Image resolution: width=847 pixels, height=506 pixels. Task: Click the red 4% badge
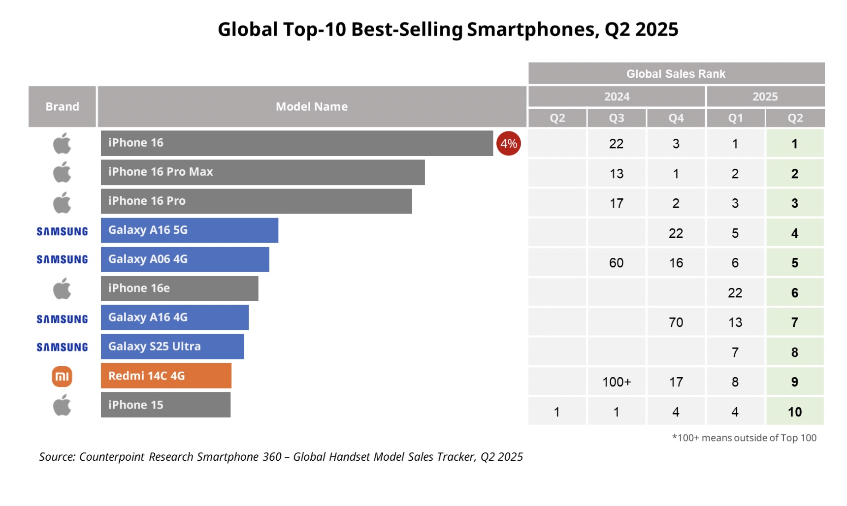pos(508,143)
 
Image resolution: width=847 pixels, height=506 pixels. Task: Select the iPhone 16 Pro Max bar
pos(262,172)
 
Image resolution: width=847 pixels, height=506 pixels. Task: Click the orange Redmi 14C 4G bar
pos(166,376)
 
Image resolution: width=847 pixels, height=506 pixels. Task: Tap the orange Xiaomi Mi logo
pos(62,377)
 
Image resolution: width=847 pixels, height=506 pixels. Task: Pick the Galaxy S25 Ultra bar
pos(172,347)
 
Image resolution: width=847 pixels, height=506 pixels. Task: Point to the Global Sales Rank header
pos(676,74)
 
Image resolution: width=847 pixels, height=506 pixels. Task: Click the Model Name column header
pos(312,107)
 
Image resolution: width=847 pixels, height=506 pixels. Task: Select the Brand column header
pos(62,107)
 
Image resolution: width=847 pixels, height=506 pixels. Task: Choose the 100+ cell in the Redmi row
pos(617,382)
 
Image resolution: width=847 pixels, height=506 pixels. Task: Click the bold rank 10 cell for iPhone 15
pos(795,412)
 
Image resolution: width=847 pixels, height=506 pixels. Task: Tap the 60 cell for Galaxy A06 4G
pos(617,263)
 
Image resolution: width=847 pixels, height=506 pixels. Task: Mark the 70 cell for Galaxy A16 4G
pos(676,322)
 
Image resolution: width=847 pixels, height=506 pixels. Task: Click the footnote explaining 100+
pos(744,438)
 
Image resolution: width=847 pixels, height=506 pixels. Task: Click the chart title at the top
pos(448,30)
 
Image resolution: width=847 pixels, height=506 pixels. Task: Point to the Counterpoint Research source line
pos(281,457)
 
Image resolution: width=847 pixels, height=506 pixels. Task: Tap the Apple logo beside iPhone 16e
pos(62,288)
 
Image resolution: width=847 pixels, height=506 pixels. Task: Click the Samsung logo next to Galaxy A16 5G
pos(62,231)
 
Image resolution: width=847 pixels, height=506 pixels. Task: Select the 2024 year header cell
pos(617,96)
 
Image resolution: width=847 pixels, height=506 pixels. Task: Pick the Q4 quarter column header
pos(676,118)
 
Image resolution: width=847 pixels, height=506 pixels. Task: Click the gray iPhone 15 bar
pos(165,405)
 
